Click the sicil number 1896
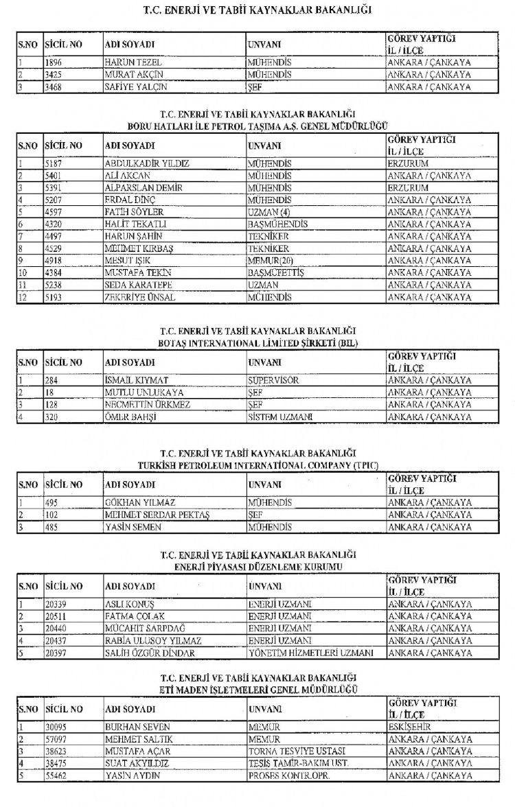tap(55, 62)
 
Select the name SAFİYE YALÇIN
tap(135, 87)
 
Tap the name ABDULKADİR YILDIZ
tap(146, 164)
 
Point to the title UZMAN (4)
tap(268, 212)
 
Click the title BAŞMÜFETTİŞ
tap(275, 272)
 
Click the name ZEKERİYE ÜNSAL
tap(139, 297)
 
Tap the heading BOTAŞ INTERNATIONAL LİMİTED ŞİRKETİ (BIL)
tap(257, 342)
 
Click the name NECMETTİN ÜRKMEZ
tap(147, 405)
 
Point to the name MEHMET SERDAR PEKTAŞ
tap(157, 515)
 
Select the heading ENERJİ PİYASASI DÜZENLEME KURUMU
tap(257, 565)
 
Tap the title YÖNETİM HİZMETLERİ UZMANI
tap(310, 653)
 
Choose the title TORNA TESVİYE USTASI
tap(296, 751)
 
